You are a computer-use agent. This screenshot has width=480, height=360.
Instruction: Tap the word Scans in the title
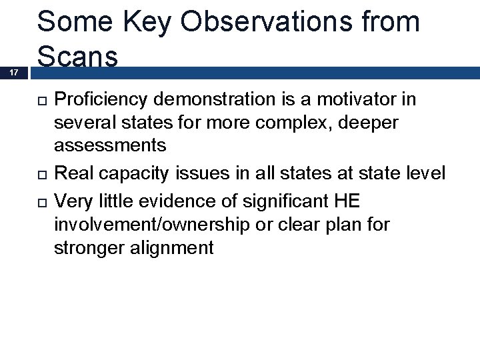tap(78, 57)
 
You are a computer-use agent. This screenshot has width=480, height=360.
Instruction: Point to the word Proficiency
tap(103, 100)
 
